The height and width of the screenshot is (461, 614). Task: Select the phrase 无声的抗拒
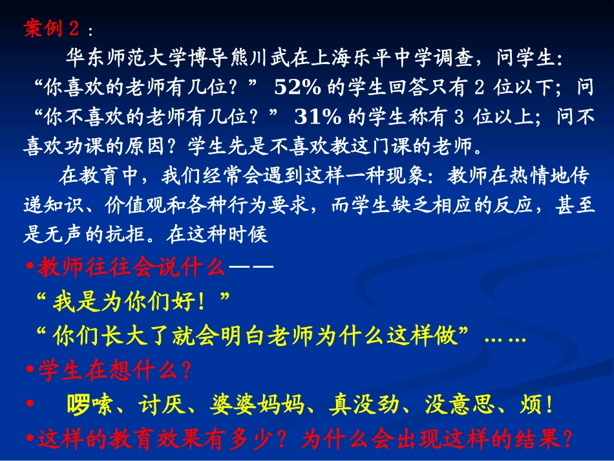98,235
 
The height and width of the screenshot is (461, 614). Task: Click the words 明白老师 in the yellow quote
290,336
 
